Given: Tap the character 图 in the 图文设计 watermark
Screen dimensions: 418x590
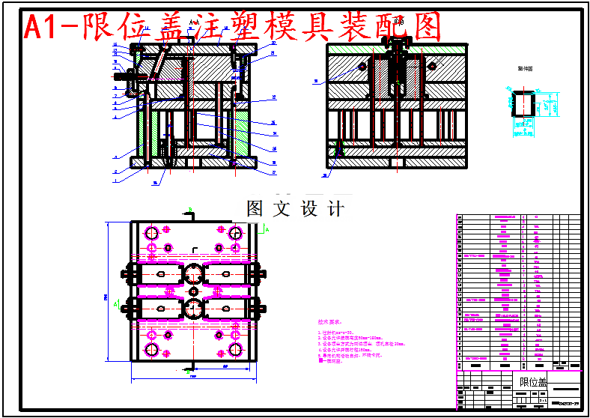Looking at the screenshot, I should [x=256, y=208].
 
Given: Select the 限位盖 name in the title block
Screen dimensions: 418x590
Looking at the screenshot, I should [x=533, y=383].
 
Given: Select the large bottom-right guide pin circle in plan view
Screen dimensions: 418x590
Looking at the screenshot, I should [x=235, y=350].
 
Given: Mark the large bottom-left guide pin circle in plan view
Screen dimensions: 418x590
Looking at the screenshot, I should [x=152, y=350].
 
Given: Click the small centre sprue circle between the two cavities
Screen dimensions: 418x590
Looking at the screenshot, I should [x=194, y=291].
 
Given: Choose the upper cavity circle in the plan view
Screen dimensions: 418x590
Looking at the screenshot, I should [x=194, y=273].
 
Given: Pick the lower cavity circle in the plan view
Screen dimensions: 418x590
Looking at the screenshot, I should [x=194, y=308].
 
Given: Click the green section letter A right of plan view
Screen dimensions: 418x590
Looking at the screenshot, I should [x=267, y=231].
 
